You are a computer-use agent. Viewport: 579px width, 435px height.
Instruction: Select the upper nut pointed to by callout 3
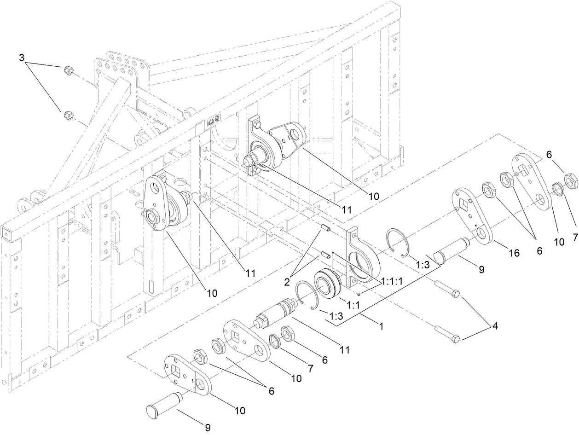pos(67,70)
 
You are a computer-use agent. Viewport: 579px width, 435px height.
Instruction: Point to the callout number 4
pos(495,326)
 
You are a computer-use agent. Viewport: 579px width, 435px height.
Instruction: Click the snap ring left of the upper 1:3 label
pos(396,240)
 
